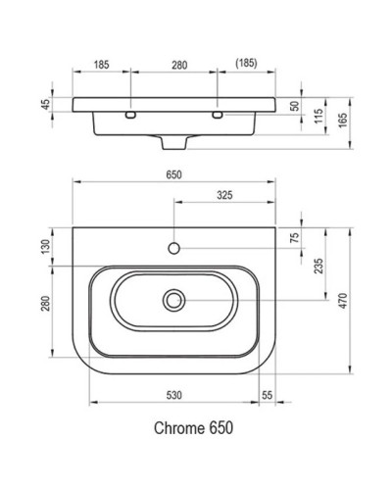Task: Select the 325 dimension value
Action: [225, 195]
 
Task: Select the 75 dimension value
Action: [295, 237]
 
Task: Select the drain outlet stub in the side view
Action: [175, 143]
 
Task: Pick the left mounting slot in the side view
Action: [130, 116]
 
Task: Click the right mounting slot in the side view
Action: [218, 116]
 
